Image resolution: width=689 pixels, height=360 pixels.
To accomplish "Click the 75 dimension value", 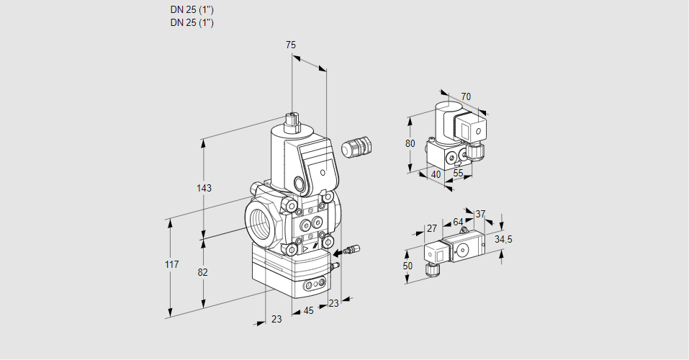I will click(291, 45).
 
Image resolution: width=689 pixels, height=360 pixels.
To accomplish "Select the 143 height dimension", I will click(204, 189).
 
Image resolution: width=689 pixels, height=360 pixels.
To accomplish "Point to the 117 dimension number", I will click(171, 266).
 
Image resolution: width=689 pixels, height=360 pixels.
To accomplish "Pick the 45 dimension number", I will click(308, 311).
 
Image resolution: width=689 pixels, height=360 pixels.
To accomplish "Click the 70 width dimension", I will click(466, 97).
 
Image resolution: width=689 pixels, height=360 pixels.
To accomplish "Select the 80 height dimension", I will click(410, 143).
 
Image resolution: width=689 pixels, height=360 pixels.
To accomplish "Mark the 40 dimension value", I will click(436, 174).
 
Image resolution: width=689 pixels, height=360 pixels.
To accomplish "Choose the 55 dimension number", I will click(459, 174).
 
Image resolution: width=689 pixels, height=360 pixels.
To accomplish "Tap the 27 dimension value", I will click(432, 229).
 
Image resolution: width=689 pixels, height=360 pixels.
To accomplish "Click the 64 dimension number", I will click(458, 222).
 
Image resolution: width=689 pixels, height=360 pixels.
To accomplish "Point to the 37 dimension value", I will click(480, 214).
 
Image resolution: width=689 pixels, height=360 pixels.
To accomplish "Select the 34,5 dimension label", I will click(503, 239).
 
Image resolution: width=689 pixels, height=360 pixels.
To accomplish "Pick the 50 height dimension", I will click(408, 266).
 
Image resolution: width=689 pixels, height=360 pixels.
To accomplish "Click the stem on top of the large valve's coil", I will click(292, 122).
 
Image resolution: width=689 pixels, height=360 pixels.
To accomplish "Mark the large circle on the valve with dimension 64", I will click(461, 251).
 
